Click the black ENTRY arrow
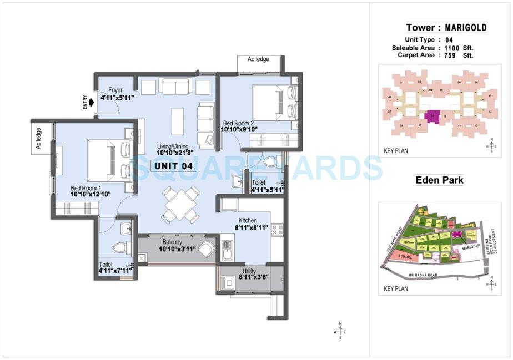pyautogui.click(x=89, y=102)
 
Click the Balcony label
pyautogui.click(x=172, y=242)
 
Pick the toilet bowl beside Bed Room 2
pyautogui.click(x=271, y=162)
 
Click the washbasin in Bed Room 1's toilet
pyautogui.click(x=125, y=227)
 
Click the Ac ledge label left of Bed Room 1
pyautogui.click(x=39, y=139)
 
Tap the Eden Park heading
pyautogui.click(x=439, y=180)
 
